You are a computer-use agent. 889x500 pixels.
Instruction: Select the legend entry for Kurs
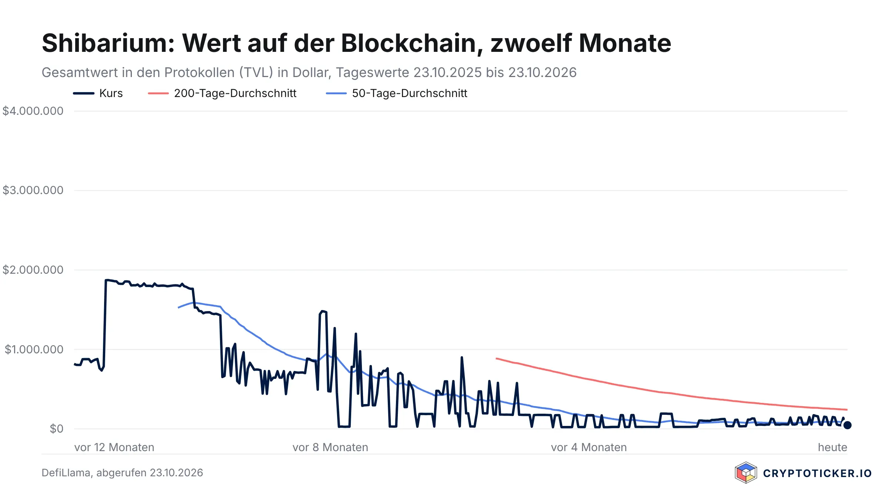tap(98, 93)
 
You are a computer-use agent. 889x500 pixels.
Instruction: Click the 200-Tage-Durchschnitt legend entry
tap(222, 93)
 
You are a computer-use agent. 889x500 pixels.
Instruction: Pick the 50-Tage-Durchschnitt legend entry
tap(396, 93)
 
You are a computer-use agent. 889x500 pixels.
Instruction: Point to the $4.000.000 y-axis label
tap(33, 111)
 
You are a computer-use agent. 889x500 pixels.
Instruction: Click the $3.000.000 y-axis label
tap(33, 190)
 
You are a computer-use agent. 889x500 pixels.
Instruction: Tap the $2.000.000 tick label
tap(33, 270)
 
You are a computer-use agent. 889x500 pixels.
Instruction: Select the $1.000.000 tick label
tap(34, 349)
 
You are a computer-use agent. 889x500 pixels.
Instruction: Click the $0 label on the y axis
tap(57, 429)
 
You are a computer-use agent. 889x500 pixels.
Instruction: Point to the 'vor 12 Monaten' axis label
tap(114, 447)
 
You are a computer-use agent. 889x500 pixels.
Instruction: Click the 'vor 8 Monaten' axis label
tap(330, 447)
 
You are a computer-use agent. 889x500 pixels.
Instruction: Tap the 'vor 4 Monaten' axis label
tap(589, 447)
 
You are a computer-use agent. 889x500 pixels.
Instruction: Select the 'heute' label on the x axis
tap(833, 447)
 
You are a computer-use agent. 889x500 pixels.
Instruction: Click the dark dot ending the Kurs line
tap(847, 425)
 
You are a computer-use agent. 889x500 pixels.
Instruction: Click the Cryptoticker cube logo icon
tap(746, 473)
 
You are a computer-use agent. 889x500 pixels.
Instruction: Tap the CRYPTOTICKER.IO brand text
tap(818, 473)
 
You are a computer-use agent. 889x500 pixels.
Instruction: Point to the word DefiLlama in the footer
tap(66, 473)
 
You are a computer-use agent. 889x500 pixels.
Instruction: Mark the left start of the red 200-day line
tap(496, 358)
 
